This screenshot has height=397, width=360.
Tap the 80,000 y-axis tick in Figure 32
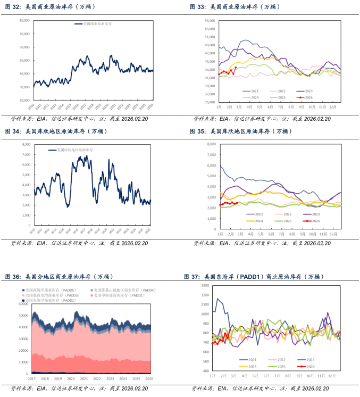(x=24, y=20)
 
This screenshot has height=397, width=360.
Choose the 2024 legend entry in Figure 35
(x=255, y=221)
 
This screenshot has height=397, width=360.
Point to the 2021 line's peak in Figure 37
(x=217, y=299)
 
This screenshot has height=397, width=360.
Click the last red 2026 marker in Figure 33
(x=236, y=68)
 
